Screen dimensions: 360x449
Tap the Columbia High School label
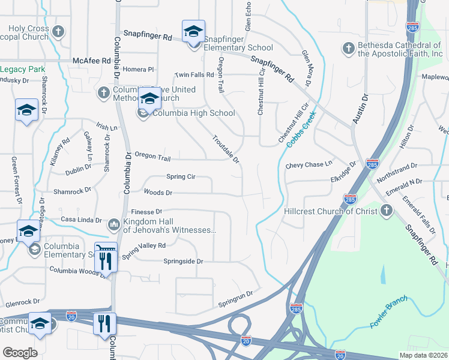click(x=193, y=113)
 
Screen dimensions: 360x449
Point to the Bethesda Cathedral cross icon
click(x=348, y=48)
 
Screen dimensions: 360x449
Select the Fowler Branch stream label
click(x=388, y=311)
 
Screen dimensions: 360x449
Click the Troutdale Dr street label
click(x=226, y=149)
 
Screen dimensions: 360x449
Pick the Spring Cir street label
click(x=181, y=177)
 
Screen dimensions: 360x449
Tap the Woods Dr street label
click(x=158, y=193)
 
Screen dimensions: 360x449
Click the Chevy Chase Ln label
click(x=309, y=164)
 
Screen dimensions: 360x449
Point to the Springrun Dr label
click(x=235, y=298)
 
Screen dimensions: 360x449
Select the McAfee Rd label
click(x=92, y=61)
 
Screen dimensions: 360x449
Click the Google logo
click(x=20, y=352)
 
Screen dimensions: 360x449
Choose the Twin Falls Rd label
click(x=194, y=75)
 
